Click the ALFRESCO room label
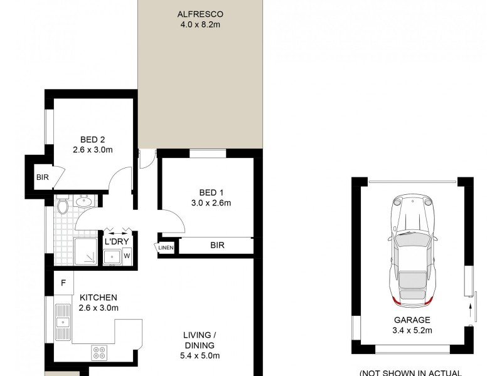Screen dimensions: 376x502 (x=200, y=14)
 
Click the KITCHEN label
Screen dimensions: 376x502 (x=99, y=297)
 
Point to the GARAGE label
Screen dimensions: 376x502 (x=412, y=320)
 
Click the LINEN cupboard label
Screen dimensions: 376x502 (x=166, y=248)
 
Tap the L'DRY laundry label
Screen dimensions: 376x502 (x=116, y=241)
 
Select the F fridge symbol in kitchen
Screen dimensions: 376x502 (x=63, y=283)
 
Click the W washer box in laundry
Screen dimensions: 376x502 (x=126, y=256)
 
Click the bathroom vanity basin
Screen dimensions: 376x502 (x=83, y=202)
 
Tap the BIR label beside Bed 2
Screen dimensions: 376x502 (x=43, y=177)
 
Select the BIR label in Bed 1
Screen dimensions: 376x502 (x=216, y=246)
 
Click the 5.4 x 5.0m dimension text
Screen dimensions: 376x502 (x=200, y=356)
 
